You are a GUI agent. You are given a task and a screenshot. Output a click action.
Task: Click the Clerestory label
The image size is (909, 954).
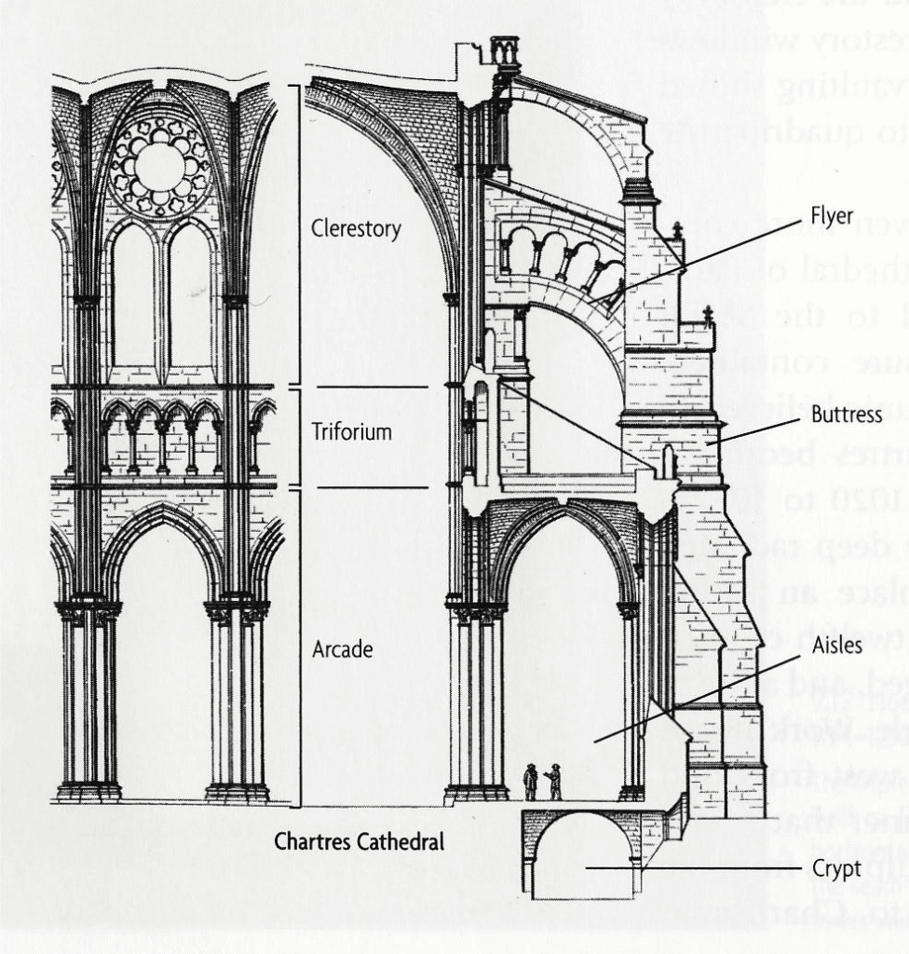coord(356,228)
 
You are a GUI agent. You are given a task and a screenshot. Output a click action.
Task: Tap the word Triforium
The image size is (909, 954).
coord(352,433)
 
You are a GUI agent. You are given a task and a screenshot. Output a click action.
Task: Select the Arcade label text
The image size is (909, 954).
coord(342,649)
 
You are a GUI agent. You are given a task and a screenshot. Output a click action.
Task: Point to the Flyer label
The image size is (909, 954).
coord(832,216)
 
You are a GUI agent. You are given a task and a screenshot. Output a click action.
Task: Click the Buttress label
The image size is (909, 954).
coord(846,416)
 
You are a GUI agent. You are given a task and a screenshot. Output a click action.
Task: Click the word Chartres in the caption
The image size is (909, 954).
coord(313,841)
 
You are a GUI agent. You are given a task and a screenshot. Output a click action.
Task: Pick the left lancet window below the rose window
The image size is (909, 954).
coord(132,298)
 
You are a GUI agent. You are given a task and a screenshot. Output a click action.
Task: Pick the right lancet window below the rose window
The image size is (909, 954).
coord(189,298)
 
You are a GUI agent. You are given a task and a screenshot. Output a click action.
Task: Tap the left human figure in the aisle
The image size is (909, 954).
coord(530,782)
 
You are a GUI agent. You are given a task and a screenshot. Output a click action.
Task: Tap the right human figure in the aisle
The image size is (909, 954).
coord(553,782)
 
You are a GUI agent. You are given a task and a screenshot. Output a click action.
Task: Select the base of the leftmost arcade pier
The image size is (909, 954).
coord(88,792)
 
